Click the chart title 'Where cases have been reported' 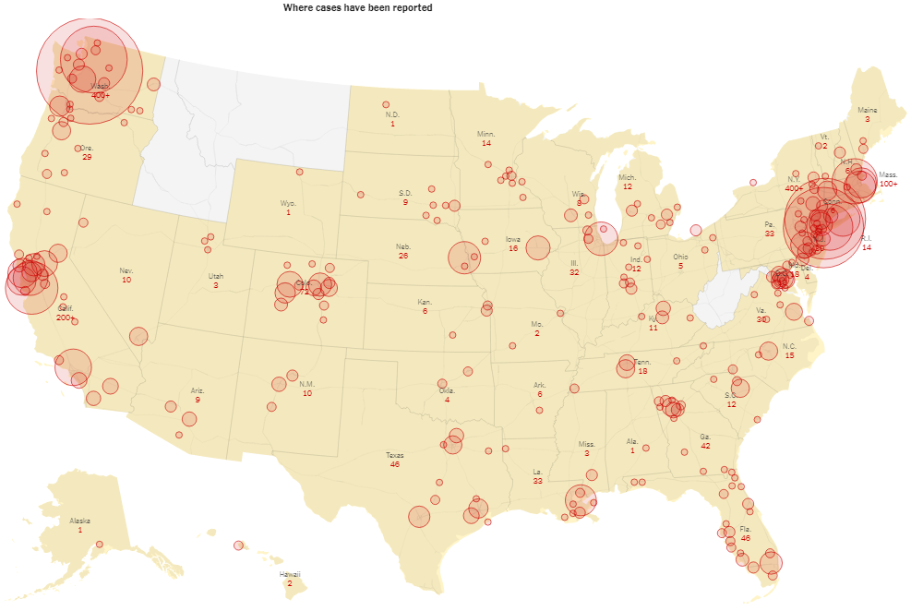coord(357,7)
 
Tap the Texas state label coord(394,455)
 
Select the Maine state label coord(867,110)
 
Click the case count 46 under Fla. coord(745,537)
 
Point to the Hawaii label coord(290,574)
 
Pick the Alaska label coord(80,521)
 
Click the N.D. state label coord(392,114)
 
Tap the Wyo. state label coord(288,203)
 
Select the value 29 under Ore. coord(87,157)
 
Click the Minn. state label coord(485,134)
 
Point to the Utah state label coord(215,276)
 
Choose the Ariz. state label coord(198,390)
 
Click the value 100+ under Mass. coord(888,184)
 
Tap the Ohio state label coord(680,257)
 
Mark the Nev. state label coord(126,270)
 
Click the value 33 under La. coord(537,481)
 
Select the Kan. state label coord(425,302)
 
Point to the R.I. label coord(866,239)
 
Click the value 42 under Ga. coord(705,446)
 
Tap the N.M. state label coord(307,384)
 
